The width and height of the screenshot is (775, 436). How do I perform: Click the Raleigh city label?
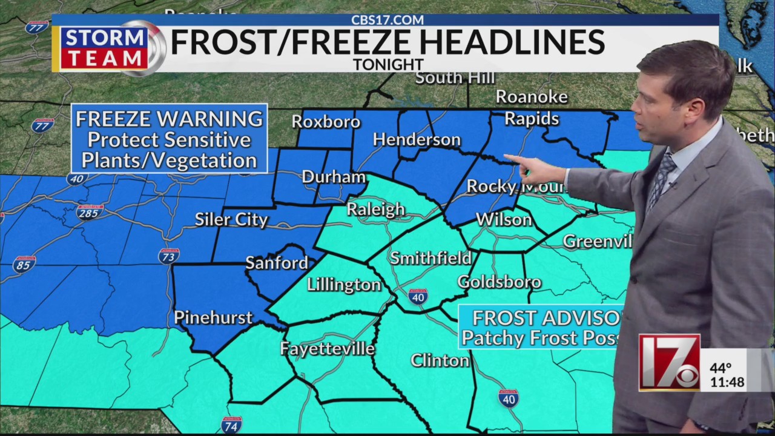pyautogui.click(x=375, y=210)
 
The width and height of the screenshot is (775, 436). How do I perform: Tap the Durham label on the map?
pyautogui.click(x=333, y=177)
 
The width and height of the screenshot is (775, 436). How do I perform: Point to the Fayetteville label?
pyautogui.click(x=328, y=349)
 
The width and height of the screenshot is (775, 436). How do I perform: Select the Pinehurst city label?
pyautogui.click(x=213, y=317)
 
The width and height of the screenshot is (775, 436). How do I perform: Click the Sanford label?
pyautogui.click(x=277, y=263)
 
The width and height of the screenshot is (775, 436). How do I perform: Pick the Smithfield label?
pyautogui.click(x=430, y=258)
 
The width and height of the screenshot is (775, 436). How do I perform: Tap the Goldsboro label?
pyautogui.click(x=499, y=282)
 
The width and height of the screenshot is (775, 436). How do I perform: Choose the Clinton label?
pyautogui.click(x=440, y=360)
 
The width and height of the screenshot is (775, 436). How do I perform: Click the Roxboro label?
pyautogui.click(x=326, y=122)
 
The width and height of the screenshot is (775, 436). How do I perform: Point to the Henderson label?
pyautogui.click(x=417, y=140)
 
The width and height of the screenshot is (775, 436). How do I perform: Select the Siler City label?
pyautogui.click(x=231, y=219)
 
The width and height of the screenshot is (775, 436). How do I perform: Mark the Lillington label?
pyautogui.click(x=344, y=285)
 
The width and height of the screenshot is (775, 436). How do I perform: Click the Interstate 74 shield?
pyautogui.click(x=231, y=424)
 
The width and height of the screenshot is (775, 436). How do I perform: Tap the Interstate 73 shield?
pyautogui.click(x=169, y=256)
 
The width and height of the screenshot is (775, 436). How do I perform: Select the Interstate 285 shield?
pyautogui.click(x=90, y=212)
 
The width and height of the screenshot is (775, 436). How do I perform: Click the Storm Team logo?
pyautogui.click(x=109, y=48)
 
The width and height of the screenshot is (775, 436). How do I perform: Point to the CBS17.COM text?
pyautogui.click(x=387, y=20)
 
